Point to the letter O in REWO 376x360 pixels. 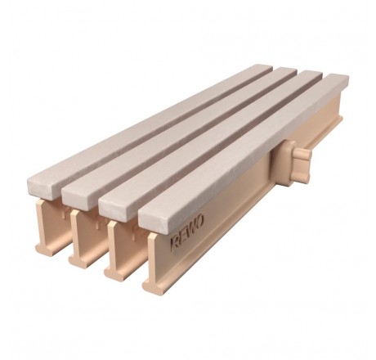click(x=199, y=222)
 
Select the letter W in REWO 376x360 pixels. click(x=191, y=228)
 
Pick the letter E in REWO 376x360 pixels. click(x=182, y=236)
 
